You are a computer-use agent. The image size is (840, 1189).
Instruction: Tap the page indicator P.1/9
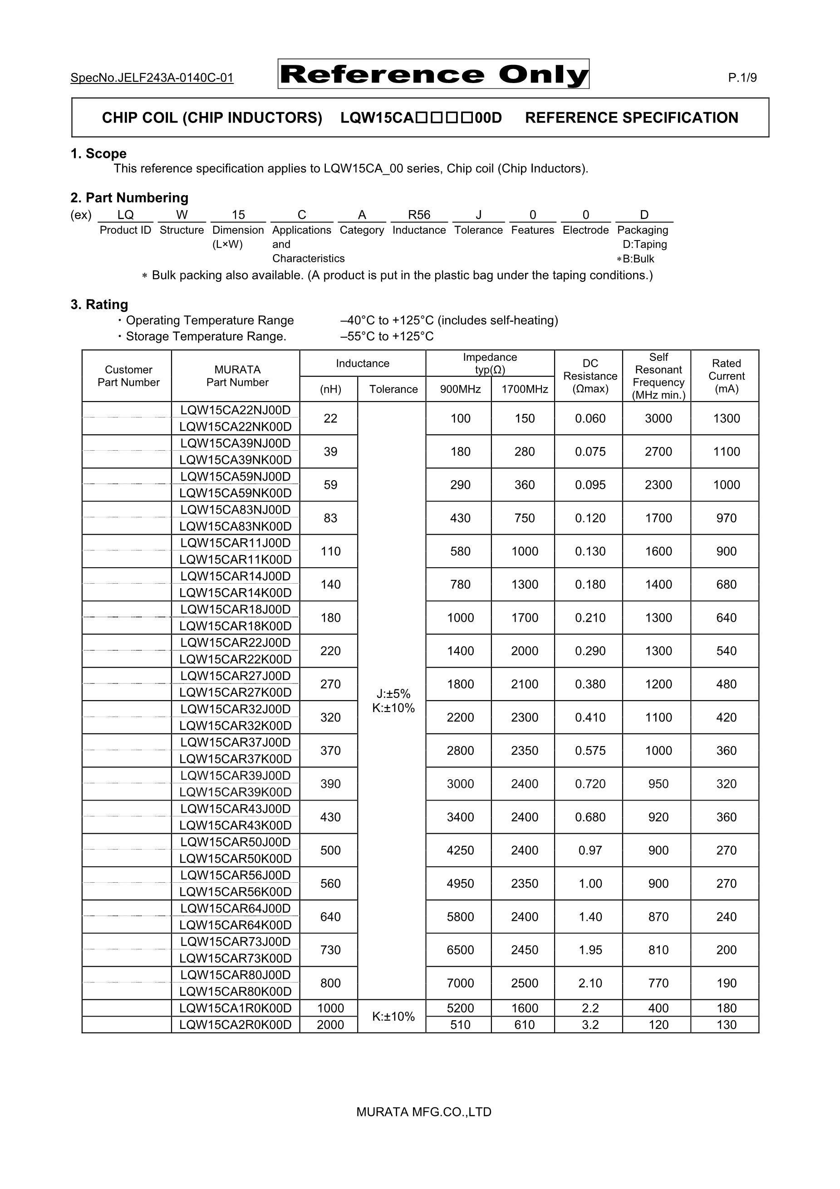[x=742, y=78]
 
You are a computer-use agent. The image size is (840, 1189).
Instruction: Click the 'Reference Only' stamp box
[x=433, y=74]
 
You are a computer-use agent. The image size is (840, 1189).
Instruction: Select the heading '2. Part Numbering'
[x=129, y=198]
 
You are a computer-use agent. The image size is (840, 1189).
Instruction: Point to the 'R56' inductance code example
[x=419, y=215]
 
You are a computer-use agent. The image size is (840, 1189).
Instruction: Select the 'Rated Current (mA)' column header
[x=726, y=376]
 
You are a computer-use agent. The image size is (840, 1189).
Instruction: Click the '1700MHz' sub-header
[x=525, y=389]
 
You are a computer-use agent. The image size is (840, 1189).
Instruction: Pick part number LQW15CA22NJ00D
[x=236, y=410]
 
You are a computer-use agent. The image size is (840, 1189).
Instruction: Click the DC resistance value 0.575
[x=590, y=751]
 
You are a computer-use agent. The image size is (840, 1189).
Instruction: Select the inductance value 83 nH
[x=330, y=518]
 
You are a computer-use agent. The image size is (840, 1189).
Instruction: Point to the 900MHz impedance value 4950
[x=461, y=884]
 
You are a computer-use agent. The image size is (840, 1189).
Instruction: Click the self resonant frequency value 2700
[x=658, y=452]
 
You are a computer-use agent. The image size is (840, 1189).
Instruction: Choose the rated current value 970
[x=726, y=518]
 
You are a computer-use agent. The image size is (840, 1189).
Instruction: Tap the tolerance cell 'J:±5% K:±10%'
[x=393, y=701]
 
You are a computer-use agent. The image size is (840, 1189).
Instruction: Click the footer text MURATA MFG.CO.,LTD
[x=423, y=1112]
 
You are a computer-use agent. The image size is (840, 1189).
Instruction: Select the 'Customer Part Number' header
[x=128, y=376]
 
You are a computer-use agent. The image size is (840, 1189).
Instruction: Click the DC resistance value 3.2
[x=590, y=1025]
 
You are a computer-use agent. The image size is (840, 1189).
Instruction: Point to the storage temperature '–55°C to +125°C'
[x=387, y=337]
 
